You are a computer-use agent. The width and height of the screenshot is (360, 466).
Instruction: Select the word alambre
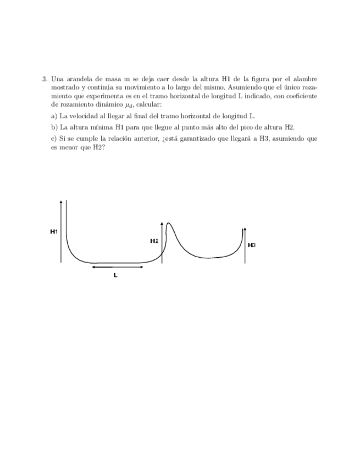[x=304, y=79]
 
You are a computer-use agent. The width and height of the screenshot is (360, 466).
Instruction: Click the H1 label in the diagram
[x=54, y=232]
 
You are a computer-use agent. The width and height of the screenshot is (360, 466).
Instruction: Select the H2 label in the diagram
[x=154, y=241]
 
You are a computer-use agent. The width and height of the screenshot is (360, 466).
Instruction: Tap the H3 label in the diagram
[x=252, y=245]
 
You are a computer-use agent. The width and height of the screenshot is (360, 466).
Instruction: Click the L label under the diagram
[x=115, y=275]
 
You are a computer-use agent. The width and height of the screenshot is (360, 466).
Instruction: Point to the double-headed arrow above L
[x=118, y=267]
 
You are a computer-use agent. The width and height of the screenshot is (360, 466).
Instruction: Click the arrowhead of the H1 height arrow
[x=60, y=203]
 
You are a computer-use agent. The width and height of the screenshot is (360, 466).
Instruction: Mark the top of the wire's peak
[x=168, y=223]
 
